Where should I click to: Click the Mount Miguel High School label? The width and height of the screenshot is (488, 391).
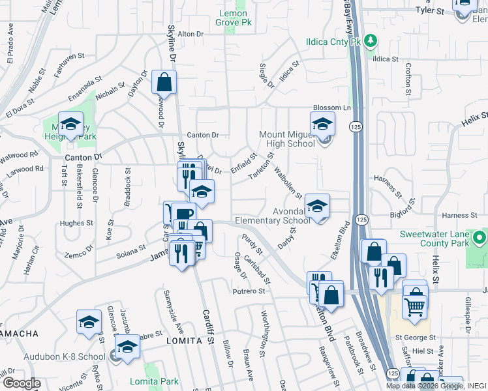[286, 139]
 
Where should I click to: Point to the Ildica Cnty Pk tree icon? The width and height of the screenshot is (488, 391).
[371, 41]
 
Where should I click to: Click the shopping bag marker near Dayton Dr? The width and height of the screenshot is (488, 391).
[164, 83]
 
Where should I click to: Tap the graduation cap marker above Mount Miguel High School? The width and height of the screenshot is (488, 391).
[322, 124]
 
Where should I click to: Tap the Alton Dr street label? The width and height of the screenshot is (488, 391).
[191, 33]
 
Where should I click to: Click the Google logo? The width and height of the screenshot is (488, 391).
[22, 383]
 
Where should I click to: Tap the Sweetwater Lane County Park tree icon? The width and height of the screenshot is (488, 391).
[480, 238]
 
